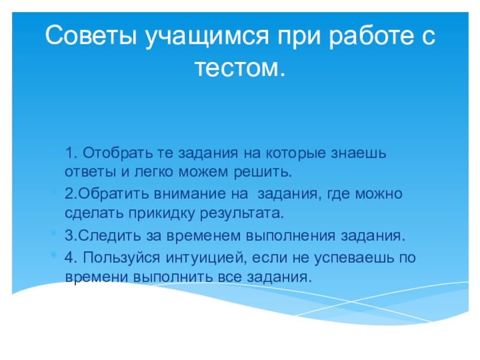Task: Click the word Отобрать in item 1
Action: point(118,153)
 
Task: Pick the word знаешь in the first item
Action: point(358,153)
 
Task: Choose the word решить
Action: point(262,173)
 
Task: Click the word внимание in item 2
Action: point(190,194)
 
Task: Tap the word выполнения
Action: point(290,236)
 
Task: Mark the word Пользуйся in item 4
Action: point(122,258)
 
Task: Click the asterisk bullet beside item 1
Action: point(53,150)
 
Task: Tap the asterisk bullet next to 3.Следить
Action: point(53,233)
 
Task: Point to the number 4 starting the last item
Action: point(69,257)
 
